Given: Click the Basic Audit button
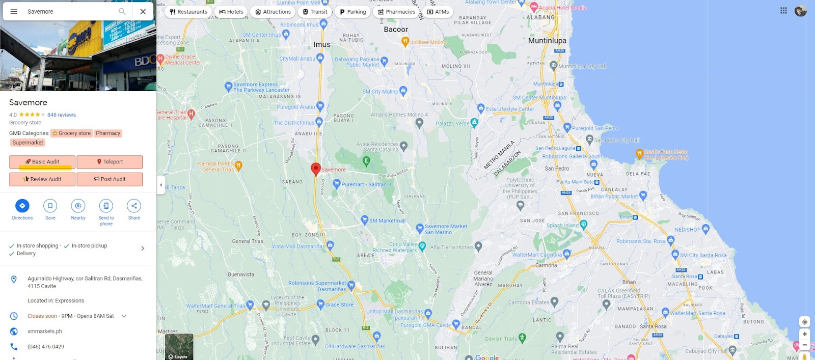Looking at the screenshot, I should (x=42, y=162).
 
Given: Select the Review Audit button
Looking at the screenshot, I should (x=42, y=179).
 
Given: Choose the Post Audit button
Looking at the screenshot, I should (x=110, y=179).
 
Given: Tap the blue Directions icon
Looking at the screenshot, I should (x=22, y=206).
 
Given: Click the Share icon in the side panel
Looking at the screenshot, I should (x=134, y=206).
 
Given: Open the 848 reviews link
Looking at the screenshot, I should (x=62, y=115).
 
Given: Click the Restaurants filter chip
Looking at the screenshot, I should (x=188, y=12).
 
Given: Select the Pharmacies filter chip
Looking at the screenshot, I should (x=396, y=12).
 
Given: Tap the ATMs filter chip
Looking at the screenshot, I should (x=438, y=12).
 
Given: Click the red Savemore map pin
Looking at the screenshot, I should (x=316, y=169).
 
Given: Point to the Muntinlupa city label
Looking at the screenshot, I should (x=547, y=41).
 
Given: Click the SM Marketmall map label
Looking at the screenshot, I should (x=387, y=221).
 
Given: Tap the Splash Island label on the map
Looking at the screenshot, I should (x=562, y=226).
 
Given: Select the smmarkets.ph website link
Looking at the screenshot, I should (x=45, y=331).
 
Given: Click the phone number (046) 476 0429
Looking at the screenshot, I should (x=46, y=347).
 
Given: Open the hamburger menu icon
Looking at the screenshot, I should (x=14, y=11).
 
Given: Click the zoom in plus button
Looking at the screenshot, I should (x=805, y=334).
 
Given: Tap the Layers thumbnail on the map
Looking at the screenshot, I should (x=179, y=347).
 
